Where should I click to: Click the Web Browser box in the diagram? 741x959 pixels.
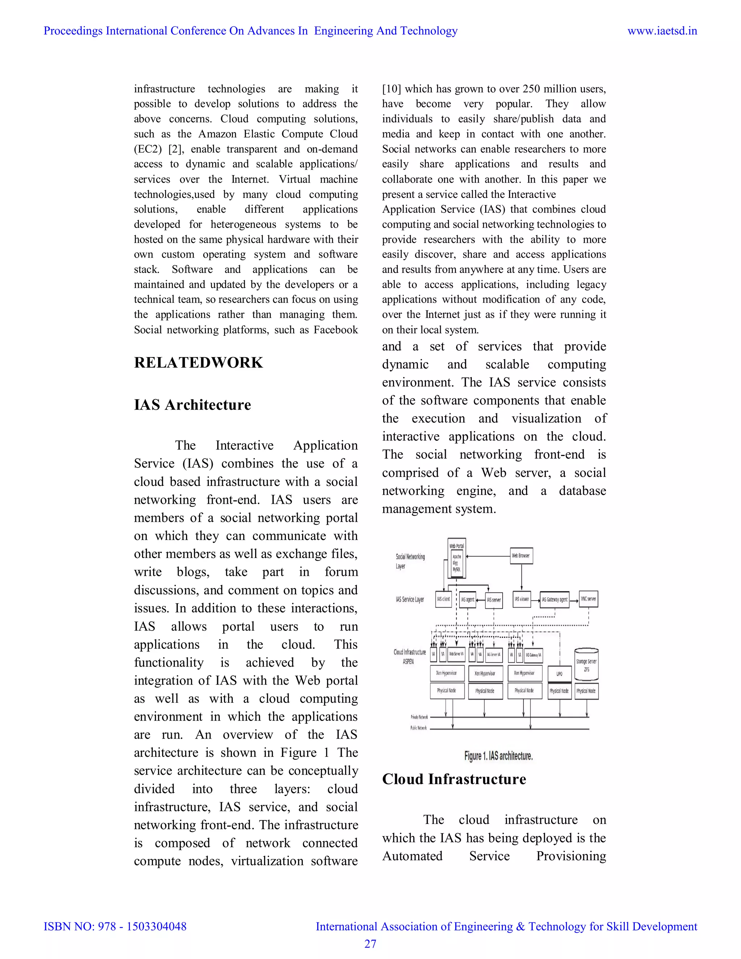521,555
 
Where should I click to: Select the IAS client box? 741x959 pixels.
443,599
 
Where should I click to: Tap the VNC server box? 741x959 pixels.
588,599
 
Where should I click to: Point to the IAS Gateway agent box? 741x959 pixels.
554,599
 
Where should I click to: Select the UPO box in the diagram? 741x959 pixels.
559,673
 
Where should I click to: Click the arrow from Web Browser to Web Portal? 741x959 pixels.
487,556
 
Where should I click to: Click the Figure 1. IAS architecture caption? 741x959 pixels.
498,756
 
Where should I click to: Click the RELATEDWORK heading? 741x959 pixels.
198,363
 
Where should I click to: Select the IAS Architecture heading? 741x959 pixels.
192,405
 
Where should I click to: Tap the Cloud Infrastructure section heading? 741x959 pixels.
454,779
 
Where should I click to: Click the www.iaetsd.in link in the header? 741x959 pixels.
662,31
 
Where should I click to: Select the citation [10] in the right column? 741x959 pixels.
391,89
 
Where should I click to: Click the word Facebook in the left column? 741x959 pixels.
335,330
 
